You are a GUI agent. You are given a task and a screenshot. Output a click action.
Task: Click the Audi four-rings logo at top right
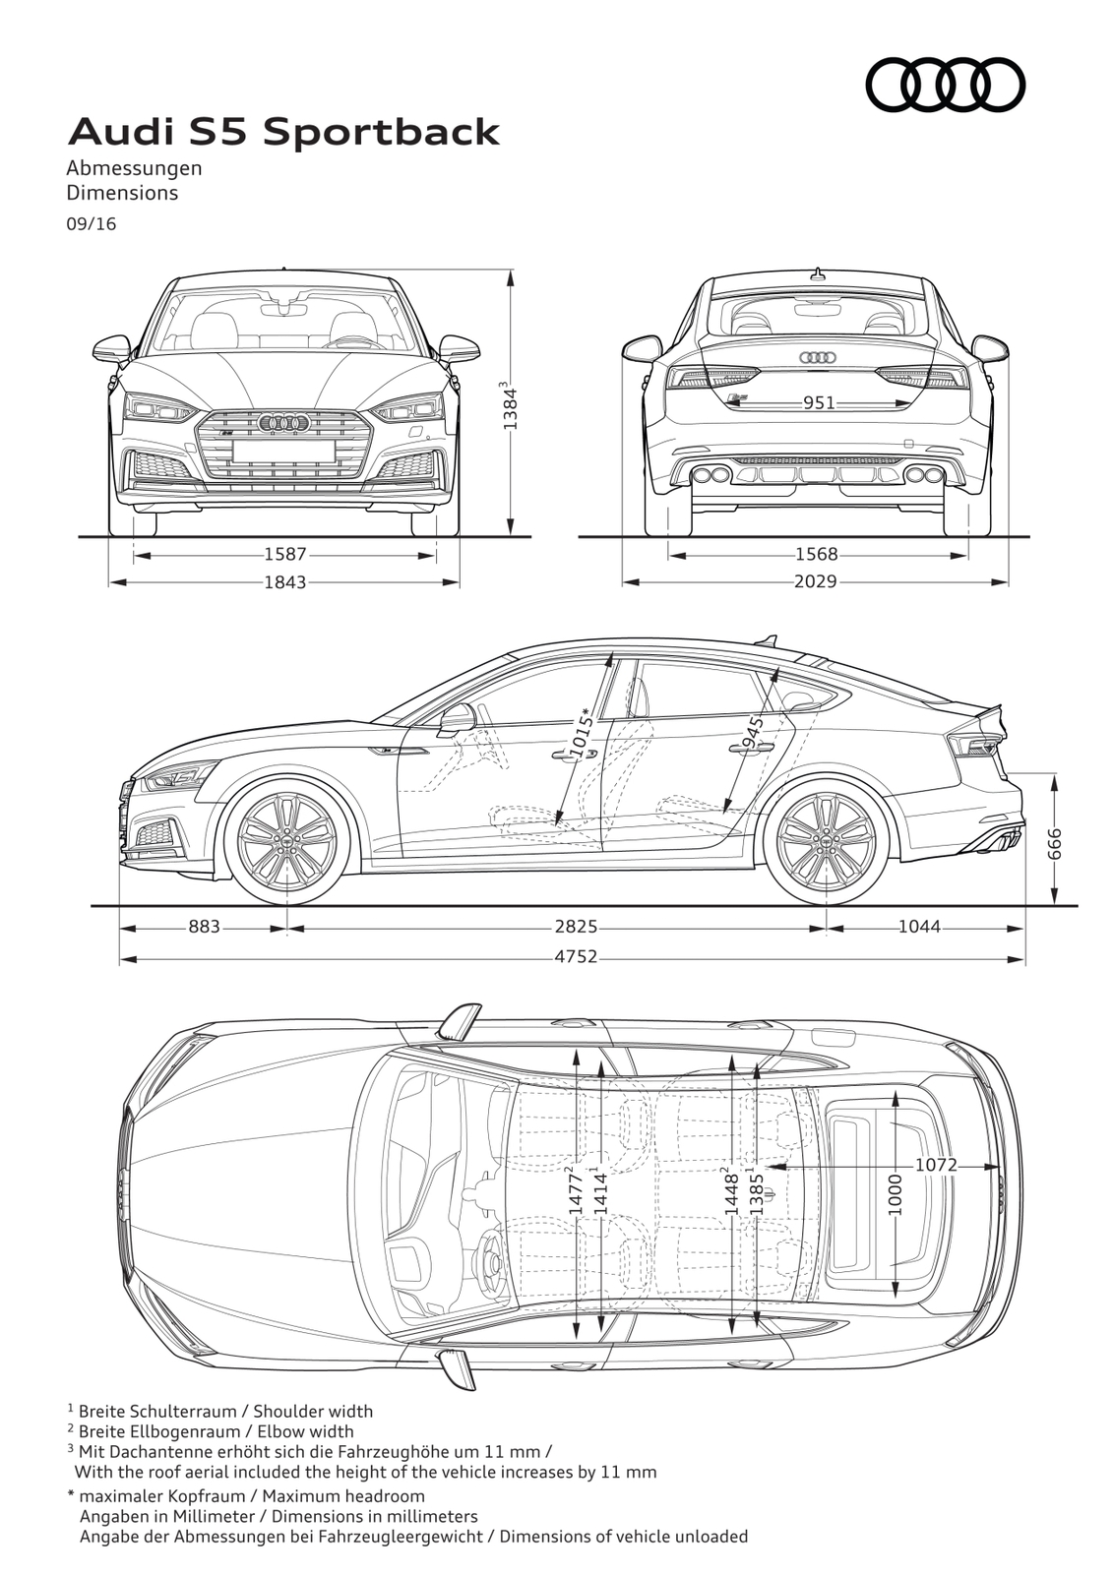[945, 86]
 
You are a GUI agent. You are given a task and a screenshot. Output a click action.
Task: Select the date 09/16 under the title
[92, 224]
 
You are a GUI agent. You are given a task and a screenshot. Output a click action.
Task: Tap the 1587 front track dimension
[285, 555]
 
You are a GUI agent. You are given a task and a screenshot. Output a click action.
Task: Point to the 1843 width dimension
[285, 581]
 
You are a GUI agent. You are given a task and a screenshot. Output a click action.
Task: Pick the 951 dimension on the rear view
[819, 402]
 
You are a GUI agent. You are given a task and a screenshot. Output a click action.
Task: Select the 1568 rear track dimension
[817, 555]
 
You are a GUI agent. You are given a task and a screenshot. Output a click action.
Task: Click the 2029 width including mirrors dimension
[816, 581]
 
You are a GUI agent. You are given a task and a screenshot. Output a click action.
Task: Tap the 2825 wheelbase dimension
[575, 927]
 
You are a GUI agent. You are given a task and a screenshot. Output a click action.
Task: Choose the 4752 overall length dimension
[575, 955]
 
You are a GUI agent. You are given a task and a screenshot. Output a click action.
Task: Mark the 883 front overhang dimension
[204, 927]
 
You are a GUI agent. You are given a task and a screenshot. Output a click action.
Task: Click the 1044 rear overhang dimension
[919, 927]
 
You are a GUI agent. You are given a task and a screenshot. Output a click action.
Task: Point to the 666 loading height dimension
[1054, 842]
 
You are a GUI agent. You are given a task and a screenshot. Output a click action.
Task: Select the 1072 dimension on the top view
[936, 1165]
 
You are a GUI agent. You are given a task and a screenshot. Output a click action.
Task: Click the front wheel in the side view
[288, 840]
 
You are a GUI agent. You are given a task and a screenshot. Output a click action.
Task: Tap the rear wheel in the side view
[826, 840]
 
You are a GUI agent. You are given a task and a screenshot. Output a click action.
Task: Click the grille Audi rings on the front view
[284, 422]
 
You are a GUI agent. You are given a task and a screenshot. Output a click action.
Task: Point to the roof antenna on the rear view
[817, 272]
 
